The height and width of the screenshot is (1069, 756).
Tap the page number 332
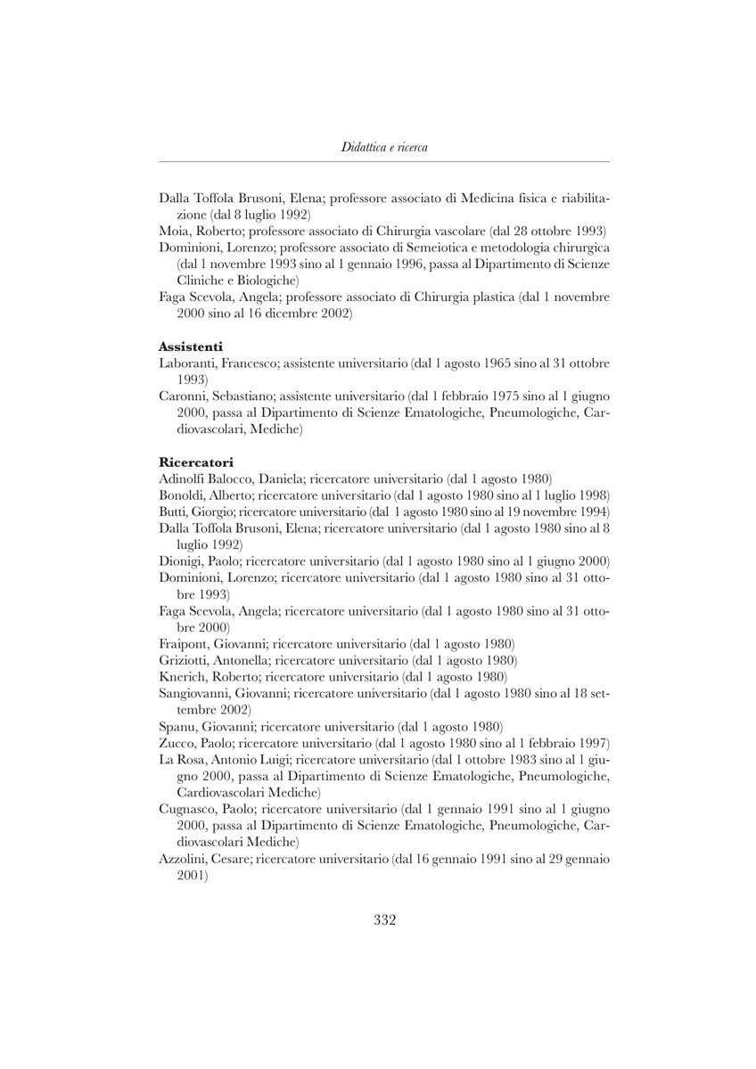point(384,920)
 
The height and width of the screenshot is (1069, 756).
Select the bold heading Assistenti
point(190,346)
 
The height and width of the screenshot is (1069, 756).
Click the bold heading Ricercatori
point(195,461)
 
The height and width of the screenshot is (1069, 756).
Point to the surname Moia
point(173,230)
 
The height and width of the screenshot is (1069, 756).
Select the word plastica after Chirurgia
point(492,296)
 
